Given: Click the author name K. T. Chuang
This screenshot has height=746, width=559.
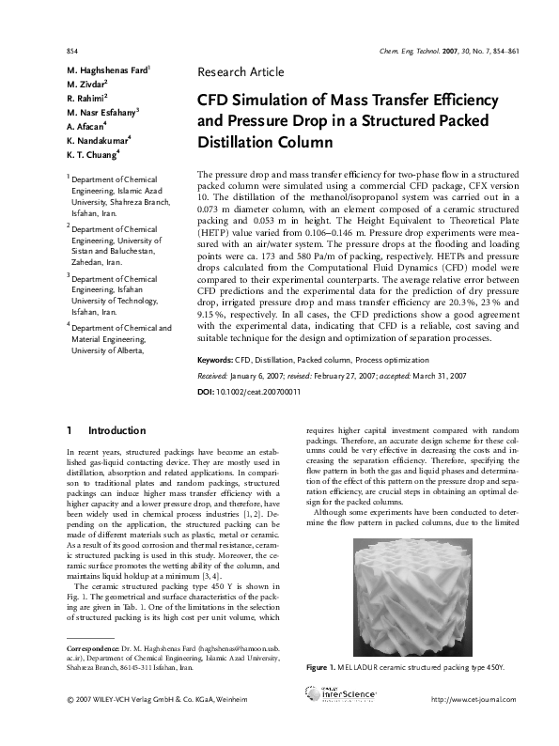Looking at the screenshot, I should [92, 153].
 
